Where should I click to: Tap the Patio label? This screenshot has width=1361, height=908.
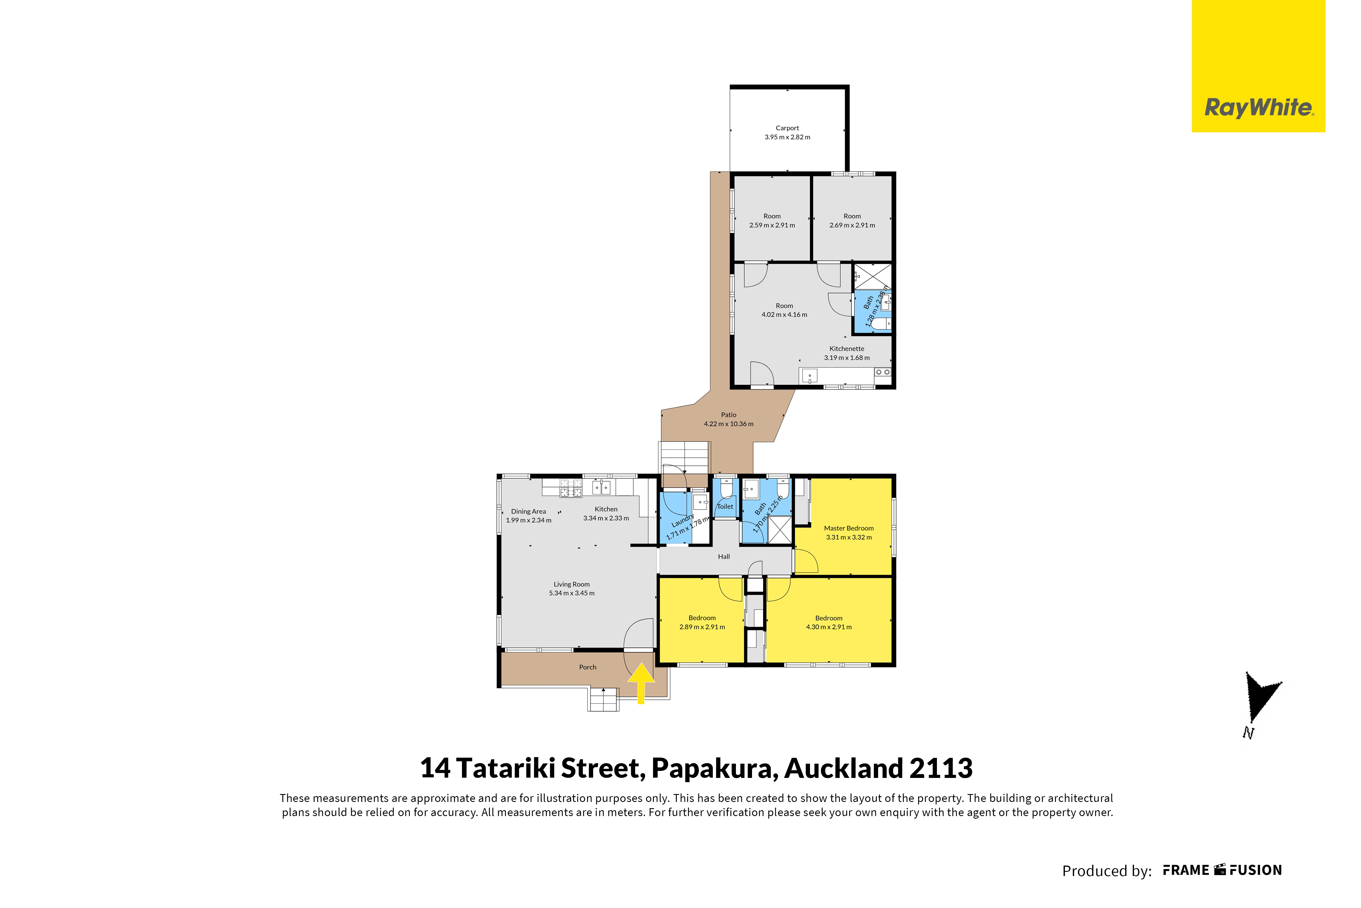(729, 415)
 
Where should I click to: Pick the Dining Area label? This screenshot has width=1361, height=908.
(528, 511)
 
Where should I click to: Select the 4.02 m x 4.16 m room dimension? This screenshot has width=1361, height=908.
(785, 314)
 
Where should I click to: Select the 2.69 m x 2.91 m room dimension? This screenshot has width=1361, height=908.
(852, 225)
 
